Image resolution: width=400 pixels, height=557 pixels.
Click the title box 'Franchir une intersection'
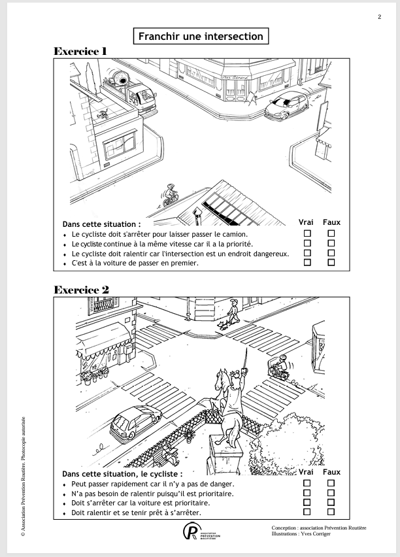click(201, 36)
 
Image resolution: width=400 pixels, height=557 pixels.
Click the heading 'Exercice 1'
click(80, 51)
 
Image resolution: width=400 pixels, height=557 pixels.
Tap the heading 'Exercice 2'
click(81, 290)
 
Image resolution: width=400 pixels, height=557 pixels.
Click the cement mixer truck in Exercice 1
click(130, 92)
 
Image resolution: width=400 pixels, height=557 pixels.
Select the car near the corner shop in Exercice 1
click(287, 105)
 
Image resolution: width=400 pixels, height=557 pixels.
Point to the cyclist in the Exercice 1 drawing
click(170, 195)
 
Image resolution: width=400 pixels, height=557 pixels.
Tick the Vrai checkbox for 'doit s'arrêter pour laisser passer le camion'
click(307, 233)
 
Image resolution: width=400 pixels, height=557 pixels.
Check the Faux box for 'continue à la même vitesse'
click(331, 243)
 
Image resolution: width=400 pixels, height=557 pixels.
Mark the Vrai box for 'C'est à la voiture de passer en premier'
click(307, 262)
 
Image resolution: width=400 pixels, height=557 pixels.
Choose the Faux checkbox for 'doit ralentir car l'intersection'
click(331, 252)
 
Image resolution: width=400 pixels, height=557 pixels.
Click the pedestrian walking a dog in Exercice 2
click(234, 312)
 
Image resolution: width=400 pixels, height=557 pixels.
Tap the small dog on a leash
click(223, 325)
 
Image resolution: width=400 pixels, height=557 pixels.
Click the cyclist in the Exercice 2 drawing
click(280, 367)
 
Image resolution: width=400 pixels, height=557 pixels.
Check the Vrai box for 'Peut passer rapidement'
click(307, 483)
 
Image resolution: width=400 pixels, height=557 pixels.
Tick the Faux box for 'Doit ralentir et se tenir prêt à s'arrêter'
click(331, 512)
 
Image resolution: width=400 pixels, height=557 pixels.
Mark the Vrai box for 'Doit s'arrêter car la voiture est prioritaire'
click(307, 502)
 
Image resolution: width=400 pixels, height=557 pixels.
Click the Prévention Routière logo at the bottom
click(201, 531)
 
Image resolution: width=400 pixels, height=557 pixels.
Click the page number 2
click(379, 17)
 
